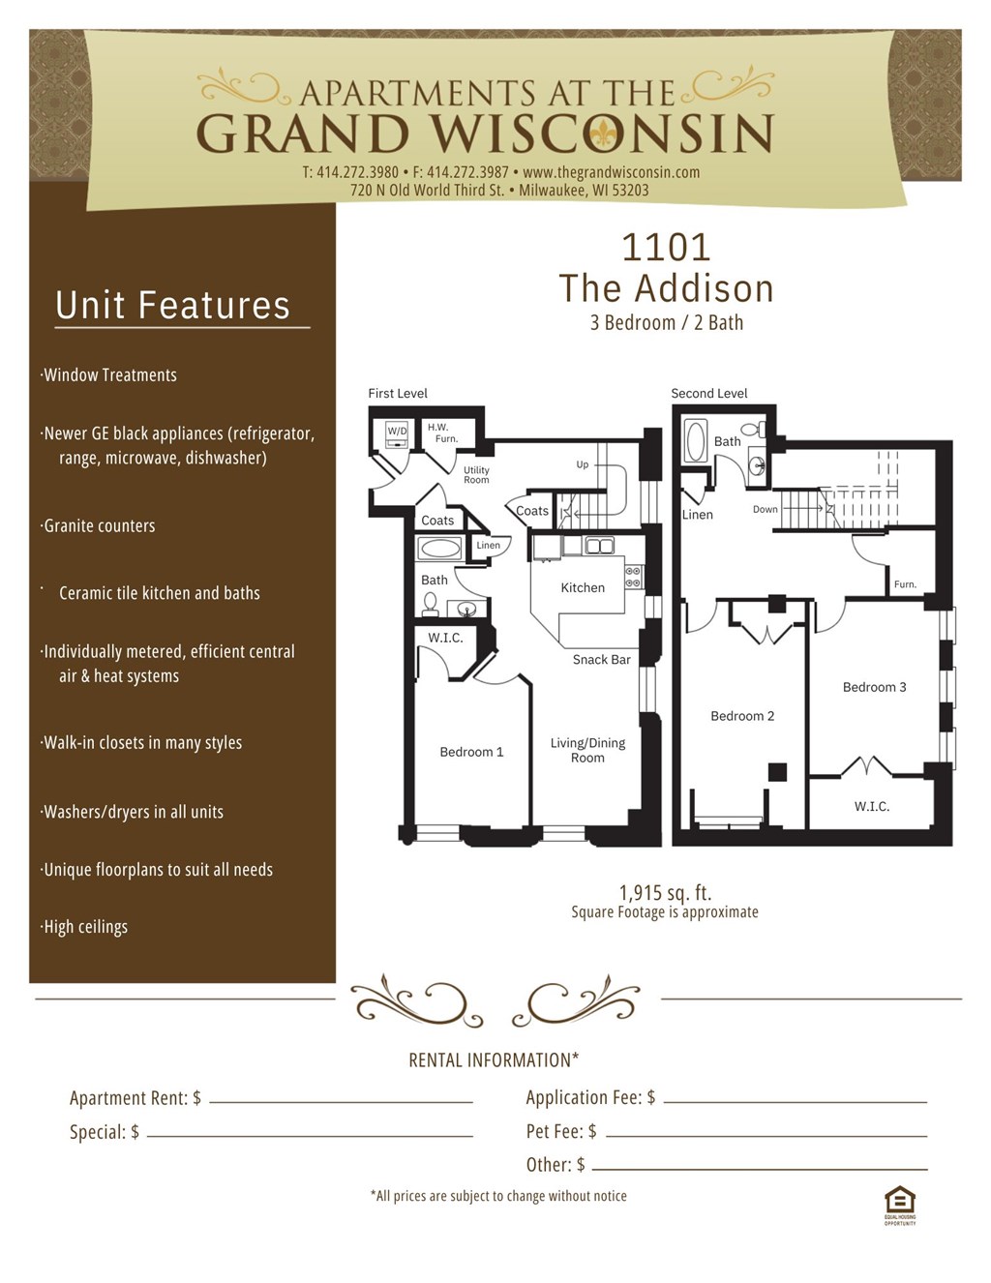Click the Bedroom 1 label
(x=471, y=752)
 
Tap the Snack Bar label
(x=601, y=660)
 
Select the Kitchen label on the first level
(x=583, y=587)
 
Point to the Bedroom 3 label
(x=874, y=687)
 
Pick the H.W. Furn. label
(x=441, y=433)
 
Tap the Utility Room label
(x=476, y=475)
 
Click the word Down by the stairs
(x=765, y=509)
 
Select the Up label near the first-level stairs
(x=583, y=464)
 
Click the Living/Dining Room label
(x=587, y=750)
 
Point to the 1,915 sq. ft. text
(x=665, y=892)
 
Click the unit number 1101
(x=666, y=248)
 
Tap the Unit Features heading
(x=172, y=305)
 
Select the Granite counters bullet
(x=99, y=525)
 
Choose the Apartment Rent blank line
(x=341, y=1101)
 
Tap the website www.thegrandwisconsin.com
(x=611, y=172)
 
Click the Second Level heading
(x=709, y=393)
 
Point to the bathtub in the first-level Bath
(x=440, y=549)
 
